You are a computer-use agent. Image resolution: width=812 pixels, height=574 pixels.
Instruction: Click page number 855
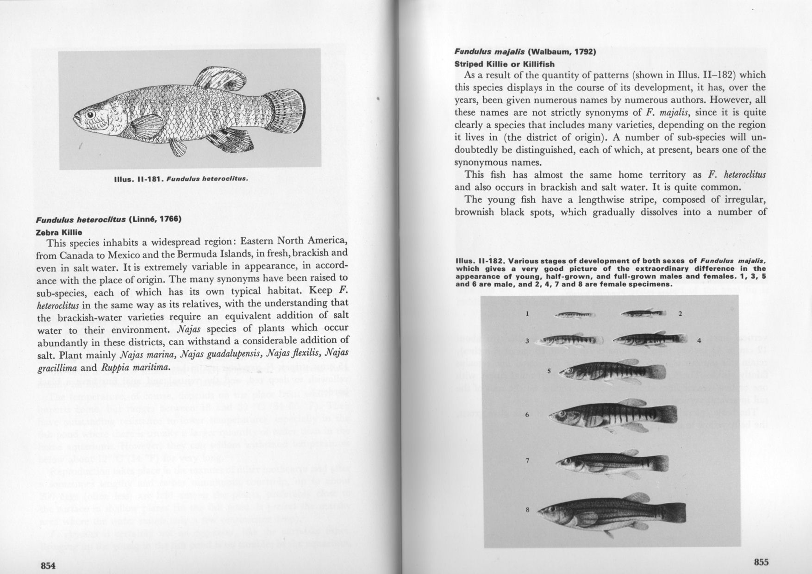[x=761, y=562]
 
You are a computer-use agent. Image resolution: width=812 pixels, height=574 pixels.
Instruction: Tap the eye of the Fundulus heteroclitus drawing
[x=90, y=114]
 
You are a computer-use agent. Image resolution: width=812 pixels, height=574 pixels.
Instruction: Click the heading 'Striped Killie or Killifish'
[x=504, y=64]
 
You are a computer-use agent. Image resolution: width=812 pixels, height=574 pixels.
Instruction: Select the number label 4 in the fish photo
[x=699, y=341]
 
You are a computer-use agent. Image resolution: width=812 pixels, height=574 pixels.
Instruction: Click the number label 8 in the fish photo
[x=527, y=510]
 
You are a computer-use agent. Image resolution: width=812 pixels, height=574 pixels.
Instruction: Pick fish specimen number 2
[x=643, y=314]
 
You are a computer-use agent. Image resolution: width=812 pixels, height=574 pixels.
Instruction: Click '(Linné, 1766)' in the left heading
[x=155, y=219]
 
